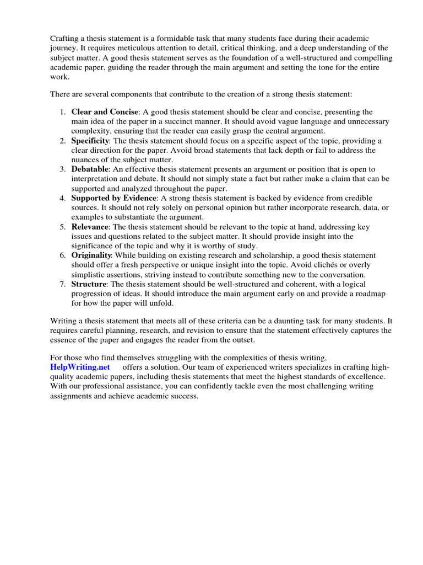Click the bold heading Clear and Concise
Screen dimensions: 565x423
click(105, 113)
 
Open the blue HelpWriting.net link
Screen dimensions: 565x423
click(80, 367)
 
